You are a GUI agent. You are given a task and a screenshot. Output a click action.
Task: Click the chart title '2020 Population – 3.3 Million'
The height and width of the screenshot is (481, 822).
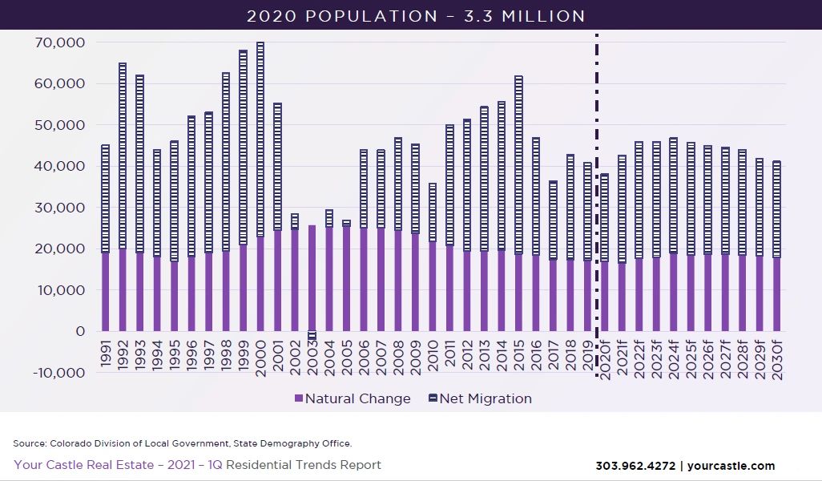coord(416,16)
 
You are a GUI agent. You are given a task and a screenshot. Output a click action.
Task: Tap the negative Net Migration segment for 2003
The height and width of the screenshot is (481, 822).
coord(312,335)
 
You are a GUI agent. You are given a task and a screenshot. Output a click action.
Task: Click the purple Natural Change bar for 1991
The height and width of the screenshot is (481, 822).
coord(106,292)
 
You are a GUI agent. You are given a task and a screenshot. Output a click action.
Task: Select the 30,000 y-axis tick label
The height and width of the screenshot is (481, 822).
coord(62,208)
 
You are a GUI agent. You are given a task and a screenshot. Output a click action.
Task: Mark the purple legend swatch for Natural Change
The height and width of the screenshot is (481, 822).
coord(299,399)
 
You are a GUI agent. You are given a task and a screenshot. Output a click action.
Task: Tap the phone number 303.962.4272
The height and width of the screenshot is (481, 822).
coord(634,466)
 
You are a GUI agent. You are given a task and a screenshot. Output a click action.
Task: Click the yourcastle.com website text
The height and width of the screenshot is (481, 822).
coord(731,466)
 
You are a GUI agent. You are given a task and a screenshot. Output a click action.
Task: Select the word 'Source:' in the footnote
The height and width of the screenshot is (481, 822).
coord(30,443)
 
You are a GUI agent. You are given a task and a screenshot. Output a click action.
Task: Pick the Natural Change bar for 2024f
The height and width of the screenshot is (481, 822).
coord(673,293)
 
